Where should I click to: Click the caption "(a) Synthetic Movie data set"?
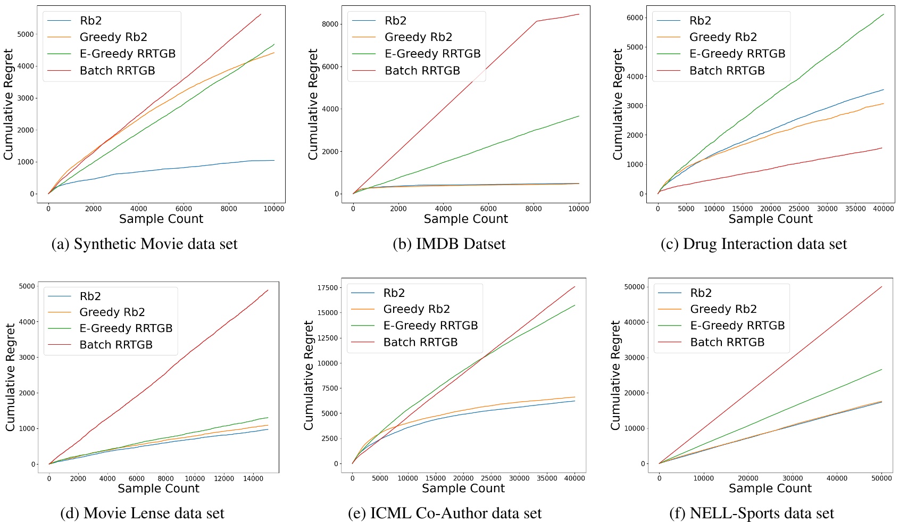click(x=144, y=244)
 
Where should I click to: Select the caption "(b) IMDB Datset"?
click(x=449, y=244)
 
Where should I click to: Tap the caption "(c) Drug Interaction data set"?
click(x=753, y=244)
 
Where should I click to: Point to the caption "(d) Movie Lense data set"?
click(x=142, y=513)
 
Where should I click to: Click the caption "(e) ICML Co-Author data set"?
click(x=445, y=513)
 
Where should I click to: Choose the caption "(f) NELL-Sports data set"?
click(x=751, y=513)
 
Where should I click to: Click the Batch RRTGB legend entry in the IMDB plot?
click(x=422, y=71)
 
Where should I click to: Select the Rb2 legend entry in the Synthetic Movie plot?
click(x=90, y=21)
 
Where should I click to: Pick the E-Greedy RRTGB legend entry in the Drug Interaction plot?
click(x=737, y=54)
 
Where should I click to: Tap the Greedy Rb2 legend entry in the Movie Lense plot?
click(x=112, y=312)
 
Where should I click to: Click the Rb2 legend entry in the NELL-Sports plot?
click(x=701, y=293)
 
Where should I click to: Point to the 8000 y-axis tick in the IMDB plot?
click(x=330, y=24)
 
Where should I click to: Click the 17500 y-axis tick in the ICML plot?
click(x=328, y=288)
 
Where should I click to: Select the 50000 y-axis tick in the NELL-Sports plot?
click(x=634, y=287)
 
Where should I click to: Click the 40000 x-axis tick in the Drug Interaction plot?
click(x=883, y=209)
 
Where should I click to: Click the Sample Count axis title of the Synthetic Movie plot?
click(x=161, y=219)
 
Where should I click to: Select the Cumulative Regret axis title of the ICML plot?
click(x=309, y=375)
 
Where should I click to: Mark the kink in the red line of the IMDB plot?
click(x=536, y=21)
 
